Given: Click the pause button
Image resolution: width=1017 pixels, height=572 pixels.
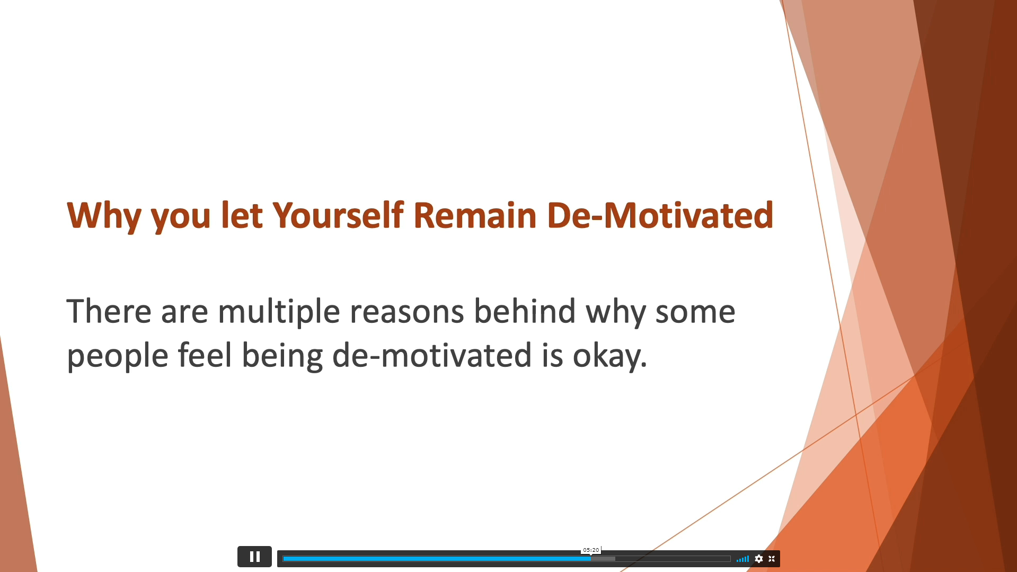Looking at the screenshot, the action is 254,557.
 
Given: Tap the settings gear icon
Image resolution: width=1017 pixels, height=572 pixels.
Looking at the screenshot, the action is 759,559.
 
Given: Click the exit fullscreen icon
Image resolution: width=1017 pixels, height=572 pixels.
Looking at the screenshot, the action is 772,559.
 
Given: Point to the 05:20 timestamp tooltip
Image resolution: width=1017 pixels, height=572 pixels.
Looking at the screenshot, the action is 591,550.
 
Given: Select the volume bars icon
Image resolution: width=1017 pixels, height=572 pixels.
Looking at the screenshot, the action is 742,559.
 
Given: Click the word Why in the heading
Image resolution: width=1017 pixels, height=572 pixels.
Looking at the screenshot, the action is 104,216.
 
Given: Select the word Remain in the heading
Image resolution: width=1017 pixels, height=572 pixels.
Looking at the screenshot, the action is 475,215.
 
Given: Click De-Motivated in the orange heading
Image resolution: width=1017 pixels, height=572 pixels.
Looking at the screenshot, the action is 660,215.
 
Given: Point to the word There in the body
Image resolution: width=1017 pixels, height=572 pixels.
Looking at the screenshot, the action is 109,311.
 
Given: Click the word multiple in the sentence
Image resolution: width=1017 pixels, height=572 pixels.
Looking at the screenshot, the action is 279,313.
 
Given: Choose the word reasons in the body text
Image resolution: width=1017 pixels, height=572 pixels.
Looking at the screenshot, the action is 406,313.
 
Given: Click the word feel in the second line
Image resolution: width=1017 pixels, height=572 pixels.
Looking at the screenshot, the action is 205,355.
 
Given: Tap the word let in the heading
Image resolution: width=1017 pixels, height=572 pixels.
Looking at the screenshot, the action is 242,215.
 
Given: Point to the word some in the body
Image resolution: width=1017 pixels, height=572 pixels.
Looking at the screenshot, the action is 695,313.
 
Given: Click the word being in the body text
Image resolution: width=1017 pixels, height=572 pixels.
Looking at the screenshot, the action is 282,356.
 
